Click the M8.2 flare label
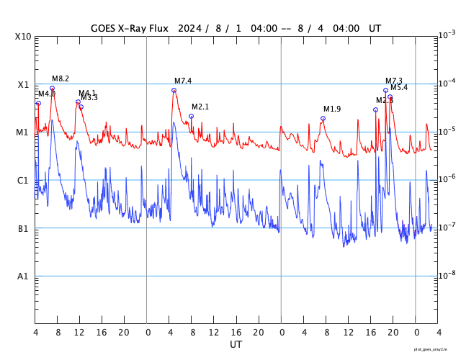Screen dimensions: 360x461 click(x=61, y=78)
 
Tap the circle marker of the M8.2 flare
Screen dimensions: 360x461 click(x=52, y=88)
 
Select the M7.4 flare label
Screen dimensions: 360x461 click(x=183, y=81)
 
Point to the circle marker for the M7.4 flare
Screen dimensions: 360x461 click(x=174, y=90)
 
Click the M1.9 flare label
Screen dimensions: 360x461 click(x=332, y=109)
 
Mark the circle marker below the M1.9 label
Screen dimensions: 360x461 click(x=323, y=118)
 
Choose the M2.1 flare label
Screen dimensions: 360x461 click(x=200, y=107)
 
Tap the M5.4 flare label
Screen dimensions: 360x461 click(x=399, y=87)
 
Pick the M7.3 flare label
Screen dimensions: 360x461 click(x=394, y=81)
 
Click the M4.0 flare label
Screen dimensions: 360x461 click(x=46, y=94)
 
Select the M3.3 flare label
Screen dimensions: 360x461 click(x=89, y=97)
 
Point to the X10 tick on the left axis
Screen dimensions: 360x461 click(x=24, y=36)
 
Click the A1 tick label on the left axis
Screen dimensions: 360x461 click(x=23, y=276)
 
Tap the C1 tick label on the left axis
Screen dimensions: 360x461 click(x=23, y=181)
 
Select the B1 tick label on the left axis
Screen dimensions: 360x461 click(x=23, y=229)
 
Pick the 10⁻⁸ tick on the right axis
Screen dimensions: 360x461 click(x=447, y=275)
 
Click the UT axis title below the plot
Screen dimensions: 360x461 click(x=236, y=344)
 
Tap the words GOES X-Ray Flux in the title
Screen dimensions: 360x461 click(x=130, y=28)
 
